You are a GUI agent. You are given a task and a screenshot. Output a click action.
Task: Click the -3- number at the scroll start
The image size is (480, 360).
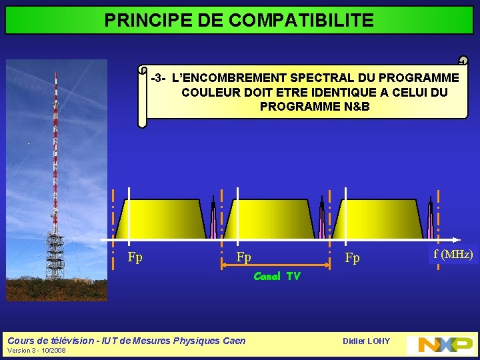coord(159,78)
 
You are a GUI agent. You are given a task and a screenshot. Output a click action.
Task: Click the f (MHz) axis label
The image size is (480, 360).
coord(453,254)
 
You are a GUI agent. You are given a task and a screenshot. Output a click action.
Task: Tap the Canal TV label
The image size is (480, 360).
coord(277,276)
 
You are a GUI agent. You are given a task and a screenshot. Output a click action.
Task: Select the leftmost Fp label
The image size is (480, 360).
coord(135,257)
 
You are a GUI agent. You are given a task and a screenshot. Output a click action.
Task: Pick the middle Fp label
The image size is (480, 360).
coord(243,257)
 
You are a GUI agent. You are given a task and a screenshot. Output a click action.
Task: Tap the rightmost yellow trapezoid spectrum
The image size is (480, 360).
coord(377,219)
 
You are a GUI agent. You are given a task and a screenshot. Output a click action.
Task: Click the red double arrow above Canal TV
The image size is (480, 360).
coord(276,265)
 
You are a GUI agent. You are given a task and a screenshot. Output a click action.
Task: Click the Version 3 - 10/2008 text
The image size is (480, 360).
coord(36,350)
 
